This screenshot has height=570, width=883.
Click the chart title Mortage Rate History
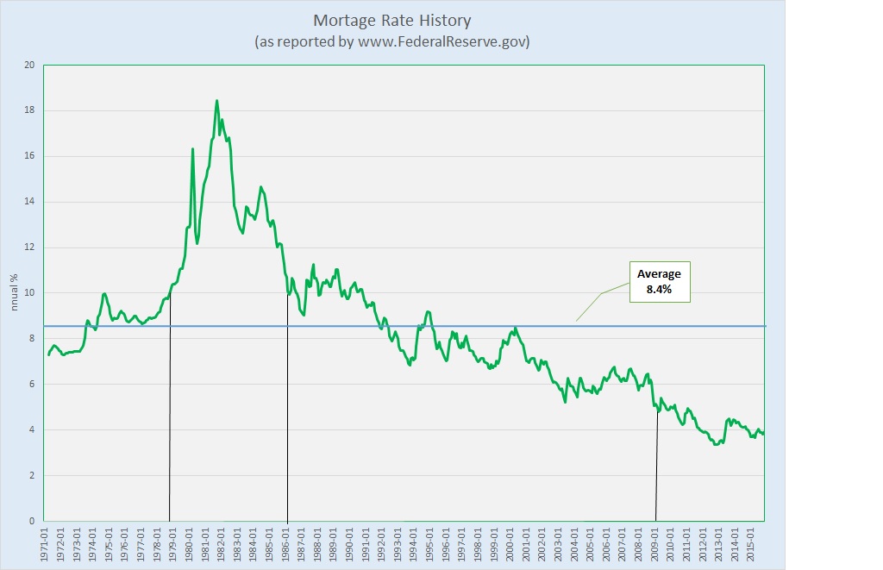[391, 20]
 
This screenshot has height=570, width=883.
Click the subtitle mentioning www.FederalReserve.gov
[391, 41]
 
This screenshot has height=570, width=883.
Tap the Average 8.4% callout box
[659, 281]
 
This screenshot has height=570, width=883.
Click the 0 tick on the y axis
[31, 521]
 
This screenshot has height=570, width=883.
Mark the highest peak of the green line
[216, 101]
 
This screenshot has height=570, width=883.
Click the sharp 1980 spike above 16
[192, 149]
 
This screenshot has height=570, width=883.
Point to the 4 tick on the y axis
[31, 429]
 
